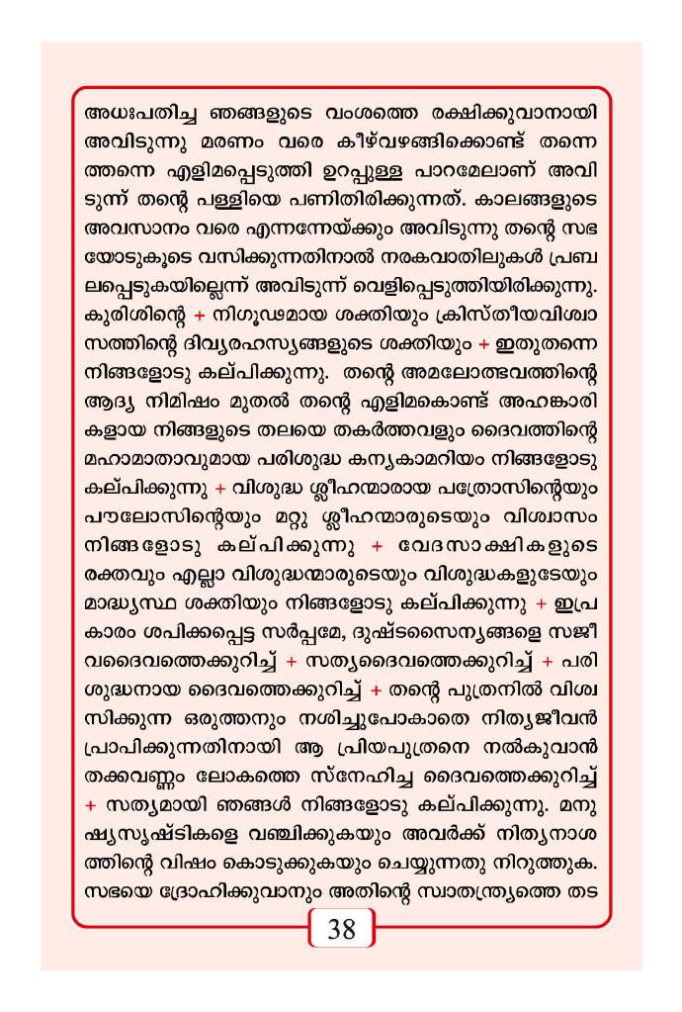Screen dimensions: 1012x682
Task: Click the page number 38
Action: [x=341, y=930]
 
